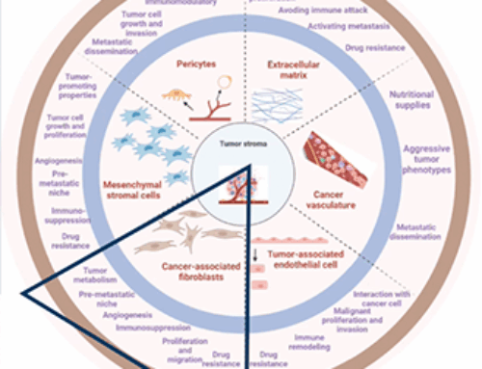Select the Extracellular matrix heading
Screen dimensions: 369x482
click(x=293, y=68)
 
